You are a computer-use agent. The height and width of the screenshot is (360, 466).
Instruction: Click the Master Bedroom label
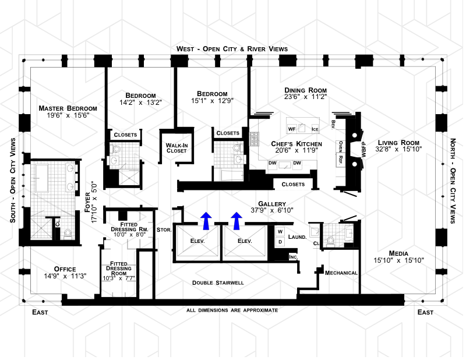click(x=68, y=108)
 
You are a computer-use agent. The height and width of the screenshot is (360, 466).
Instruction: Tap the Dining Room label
click(x=305, y=90)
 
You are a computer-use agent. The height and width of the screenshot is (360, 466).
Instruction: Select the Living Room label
click(x=398, y=143)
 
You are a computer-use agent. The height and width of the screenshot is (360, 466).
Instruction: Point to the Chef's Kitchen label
click(x=296, y=144)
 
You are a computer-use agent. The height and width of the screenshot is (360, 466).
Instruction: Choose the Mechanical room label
click(x=341, y=273)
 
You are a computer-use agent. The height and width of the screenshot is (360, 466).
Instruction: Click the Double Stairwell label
click(x=218, y=283)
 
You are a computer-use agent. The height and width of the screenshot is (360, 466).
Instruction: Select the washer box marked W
click(x=280, y=231)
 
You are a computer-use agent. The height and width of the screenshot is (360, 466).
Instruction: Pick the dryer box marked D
click(x=280, y=241)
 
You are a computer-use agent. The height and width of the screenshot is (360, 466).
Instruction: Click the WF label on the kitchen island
click(x=292, y=128)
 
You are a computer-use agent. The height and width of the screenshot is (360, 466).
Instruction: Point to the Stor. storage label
click(x=164, y=230)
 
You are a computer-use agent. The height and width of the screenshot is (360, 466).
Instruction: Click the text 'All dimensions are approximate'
click(x=232, y=310)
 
